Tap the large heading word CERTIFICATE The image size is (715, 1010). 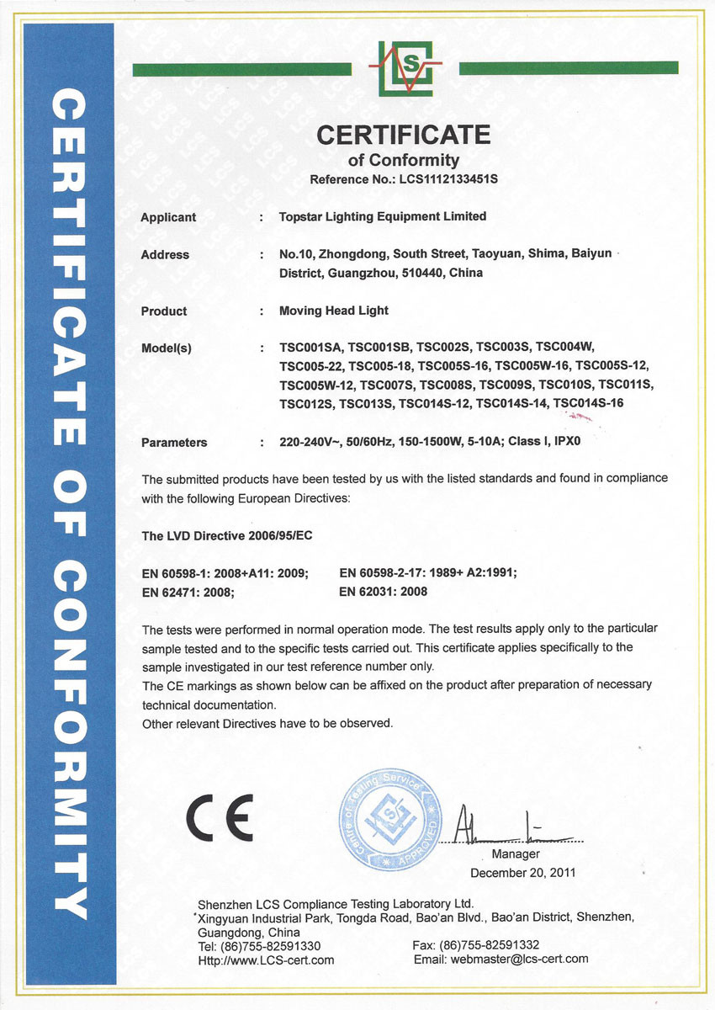click(x=404, y=134)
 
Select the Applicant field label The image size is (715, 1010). click(x=168, y=217)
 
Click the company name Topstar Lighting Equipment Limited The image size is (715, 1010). click(x=383, y=216)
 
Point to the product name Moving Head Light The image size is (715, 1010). click(x=334, y=311)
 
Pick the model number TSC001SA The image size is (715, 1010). click(x=310, y=347)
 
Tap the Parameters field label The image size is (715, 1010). click(x=174, y=442)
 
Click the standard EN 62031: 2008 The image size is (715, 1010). click(x=383, y=591)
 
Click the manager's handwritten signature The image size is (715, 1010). click(x=505, y=828)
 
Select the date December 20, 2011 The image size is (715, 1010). click(x=522, y=873)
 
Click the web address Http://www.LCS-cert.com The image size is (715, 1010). click(x=266, y=959)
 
